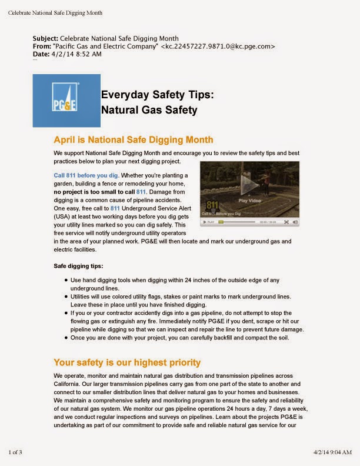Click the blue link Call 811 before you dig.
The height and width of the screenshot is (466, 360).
pos(86,175)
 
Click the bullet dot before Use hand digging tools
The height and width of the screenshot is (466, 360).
pos(65,280)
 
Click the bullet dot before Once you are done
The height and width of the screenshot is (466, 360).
pos(65,338)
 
